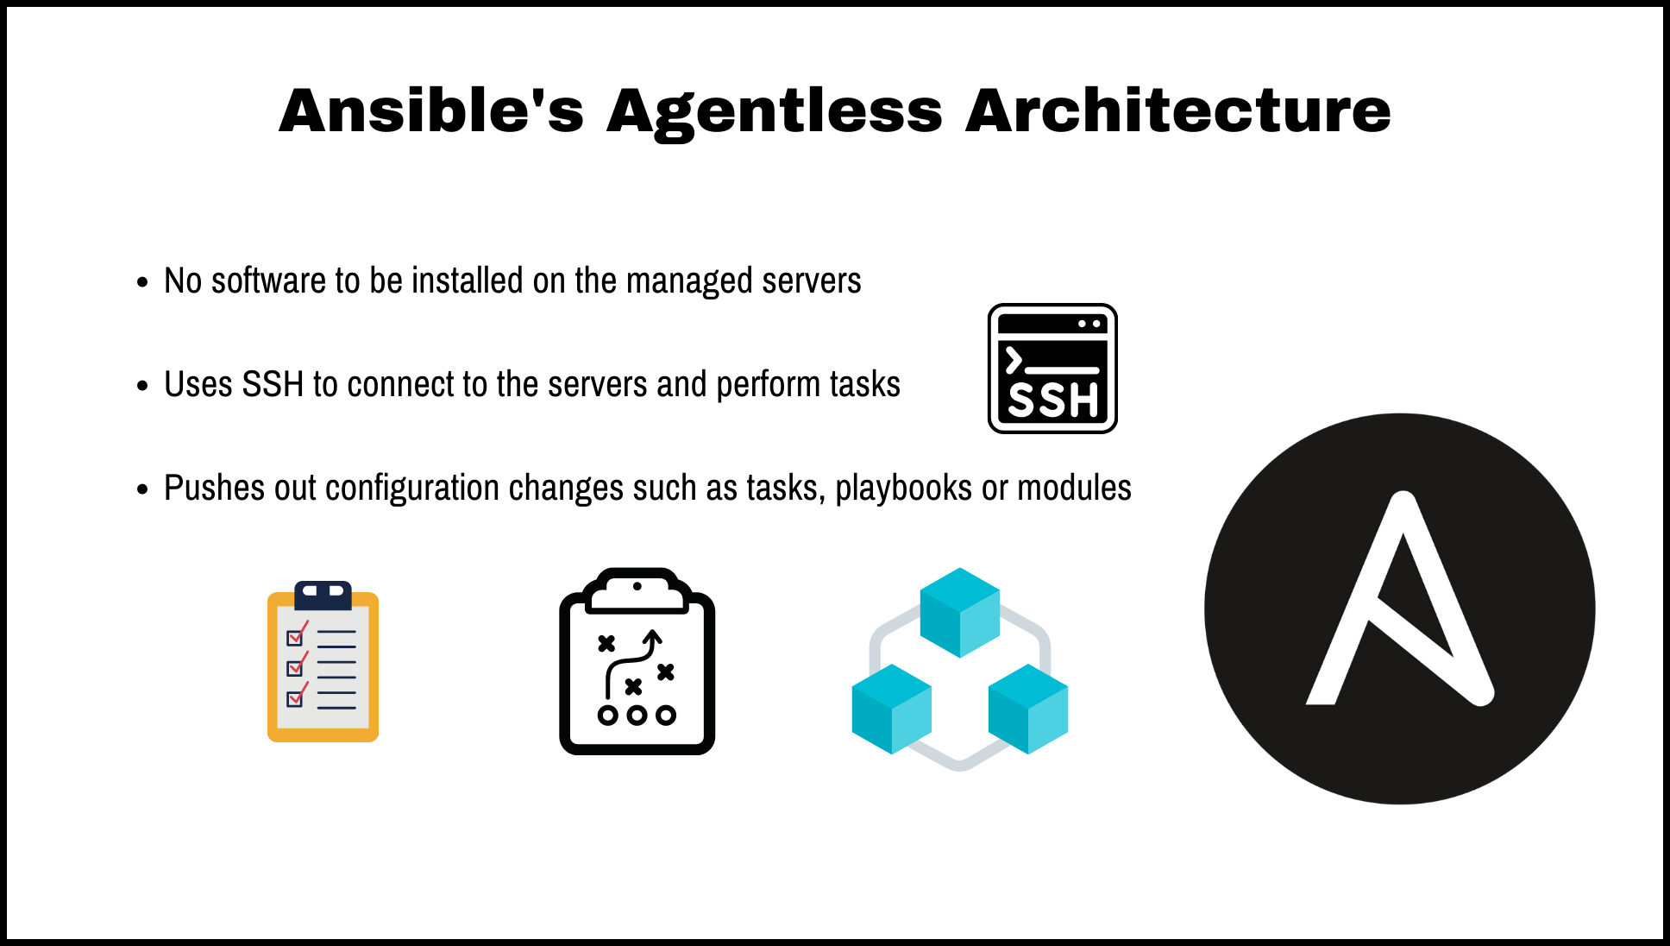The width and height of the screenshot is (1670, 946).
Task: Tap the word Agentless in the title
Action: (774, 112)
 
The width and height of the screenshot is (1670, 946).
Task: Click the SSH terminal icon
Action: (1052, 369)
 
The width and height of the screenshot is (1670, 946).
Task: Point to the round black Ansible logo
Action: (1399, 609)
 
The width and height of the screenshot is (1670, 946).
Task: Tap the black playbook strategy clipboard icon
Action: (637, 663)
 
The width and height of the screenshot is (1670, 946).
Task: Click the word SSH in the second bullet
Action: (273, 385)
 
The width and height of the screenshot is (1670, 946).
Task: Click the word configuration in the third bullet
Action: (412, 489)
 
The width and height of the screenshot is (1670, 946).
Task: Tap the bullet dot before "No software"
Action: (142, 282)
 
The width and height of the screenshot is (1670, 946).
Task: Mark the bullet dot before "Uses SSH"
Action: (142, 386)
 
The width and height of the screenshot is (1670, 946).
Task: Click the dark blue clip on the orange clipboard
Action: (323, 594)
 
